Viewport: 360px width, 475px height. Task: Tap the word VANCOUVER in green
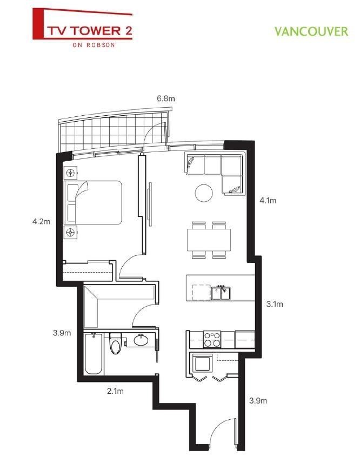(311, 31)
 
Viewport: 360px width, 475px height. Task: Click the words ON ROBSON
(93, 45)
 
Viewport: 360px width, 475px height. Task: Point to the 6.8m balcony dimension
(166, 98)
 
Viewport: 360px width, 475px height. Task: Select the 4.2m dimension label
(41, 221)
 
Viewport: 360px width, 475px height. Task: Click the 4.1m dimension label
(268, 201)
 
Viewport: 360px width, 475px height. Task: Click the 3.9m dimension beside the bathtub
(62, 333)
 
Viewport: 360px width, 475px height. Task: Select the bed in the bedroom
(93, 202)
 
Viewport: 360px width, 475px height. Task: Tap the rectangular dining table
(209, 239)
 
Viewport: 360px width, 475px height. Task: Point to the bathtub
(94, 354)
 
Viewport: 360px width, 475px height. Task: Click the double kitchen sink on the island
(222, 293)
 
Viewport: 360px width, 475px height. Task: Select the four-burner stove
(211, 339)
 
